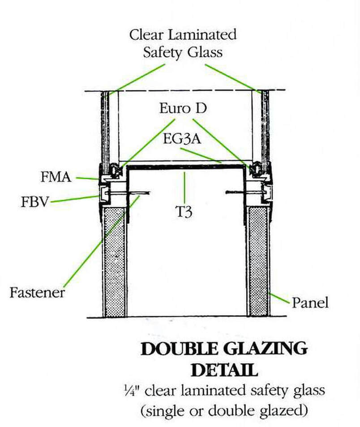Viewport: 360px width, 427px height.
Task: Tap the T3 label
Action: tap(183, 212)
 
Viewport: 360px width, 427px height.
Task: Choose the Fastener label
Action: tap(37, 293)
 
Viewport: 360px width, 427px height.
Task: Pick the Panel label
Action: tap(310, 303)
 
